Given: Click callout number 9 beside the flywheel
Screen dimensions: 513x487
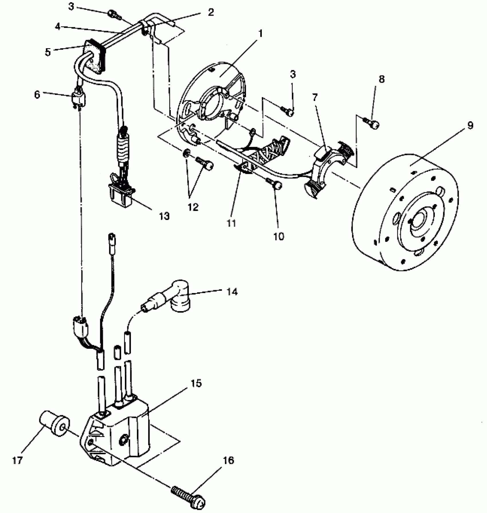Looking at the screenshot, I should pos(470,125).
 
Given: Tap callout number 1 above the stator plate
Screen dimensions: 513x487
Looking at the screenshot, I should pos(260,34).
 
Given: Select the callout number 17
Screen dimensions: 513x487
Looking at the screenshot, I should pos(17,461).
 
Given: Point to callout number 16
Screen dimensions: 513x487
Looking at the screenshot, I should pos(229,461).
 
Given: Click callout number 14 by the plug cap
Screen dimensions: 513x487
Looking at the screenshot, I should pos(232,292).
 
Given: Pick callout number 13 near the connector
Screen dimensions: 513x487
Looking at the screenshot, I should pos(164,216).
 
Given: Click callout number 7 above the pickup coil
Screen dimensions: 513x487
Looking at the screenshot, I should pos(315,97).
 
